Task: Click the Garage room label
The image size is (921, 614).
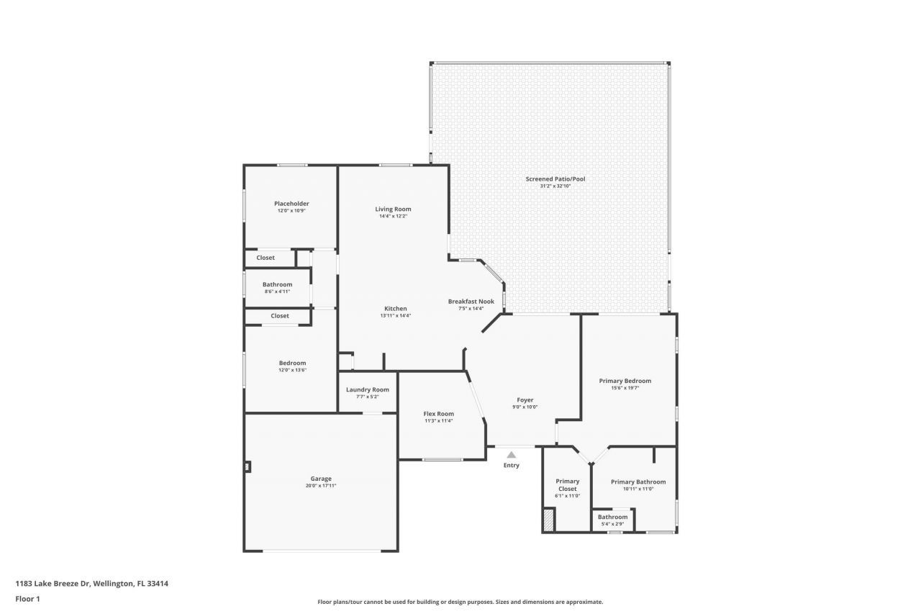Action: [x=321, y=479]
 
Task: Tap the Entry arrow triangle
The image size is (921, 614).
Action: [x=511, y=455]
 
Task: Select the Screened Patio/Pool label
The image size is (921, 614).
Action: [x=550, y=179]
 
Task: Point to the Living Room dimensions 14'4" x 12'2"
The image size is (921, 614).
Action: [x=393, y=216]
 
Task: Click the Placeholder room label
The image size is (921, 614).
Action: [x=291, y=204]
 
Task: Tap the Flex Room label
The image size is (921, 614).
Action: [x=438, y=414]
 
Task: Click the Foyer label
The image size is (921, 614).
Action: [x=525, y=399]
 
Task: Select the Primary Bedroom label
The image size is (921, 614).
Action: [x=625, y=381]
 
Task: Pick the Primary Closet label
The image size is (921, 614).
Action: [x=567, y=485]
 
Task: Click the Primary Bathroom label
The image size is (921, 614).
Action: [x=638, y=482]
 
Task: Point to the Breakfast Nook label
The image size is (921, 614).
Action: [x=471, y=302]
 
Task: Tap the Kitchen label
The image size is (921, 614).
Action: [x=395, y=309]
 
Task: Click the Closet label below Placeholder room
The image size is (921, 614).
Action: [x=266, y=258]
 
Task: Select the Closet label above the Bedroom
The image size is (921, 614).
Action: [x=280, y=316]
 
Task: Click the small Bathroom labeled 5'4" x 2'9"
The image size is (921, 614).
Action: [x=613, y=517]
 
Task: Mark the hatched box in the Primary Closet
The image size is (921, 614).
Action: [x=549, y=520]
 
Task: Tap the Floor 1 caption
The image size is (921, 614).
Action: [x=27, y=599]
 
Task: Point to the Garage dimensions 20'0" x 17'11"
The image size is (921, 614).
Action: [x=321, y=486]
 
